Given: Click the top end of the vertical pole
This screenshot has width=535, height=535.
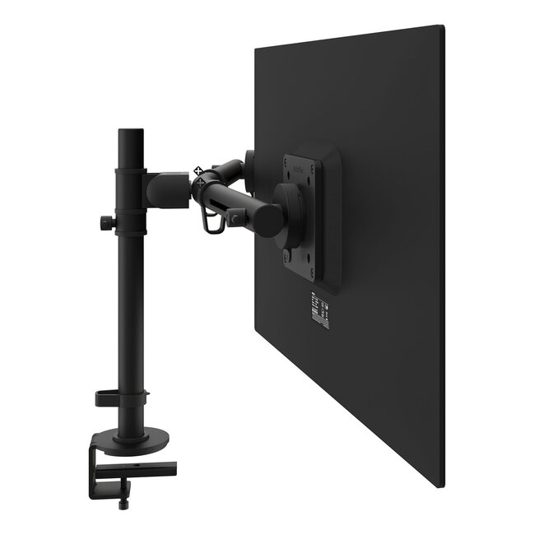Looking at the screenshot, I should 129,133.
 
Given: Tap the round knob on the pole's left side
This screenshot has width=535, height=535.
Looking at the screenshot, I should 106,223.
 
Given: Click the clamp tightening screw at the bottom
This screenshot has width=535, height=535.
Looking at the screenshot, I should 125,500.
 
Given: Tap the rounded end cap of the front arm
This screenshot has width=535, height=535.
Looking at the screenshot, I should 267,218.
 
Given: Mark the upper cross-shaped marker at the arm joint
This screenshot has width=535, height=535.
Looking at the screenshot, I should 198,171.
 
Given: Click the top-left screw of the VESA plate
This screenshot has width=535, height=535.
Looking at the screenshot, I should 288,160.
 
